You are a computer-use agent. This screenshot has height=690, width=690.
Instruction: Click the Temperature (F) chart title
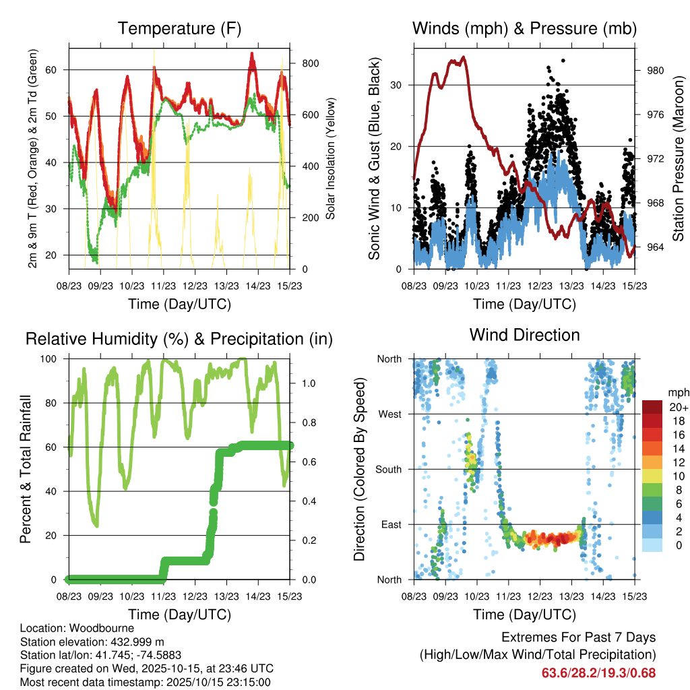[179, 28]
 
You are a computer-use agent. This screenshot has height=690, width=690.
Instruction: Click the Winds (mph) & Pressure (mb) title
[524, 28]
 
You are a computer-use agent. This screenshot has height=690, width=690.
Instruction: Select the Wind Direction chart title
[524, 334]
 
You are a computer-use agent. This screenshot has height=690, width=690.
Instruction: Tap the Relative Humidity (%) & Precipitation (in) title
[179, 339]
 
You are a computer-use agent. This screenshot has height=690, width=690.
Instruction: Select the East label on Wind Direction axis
[390, 524]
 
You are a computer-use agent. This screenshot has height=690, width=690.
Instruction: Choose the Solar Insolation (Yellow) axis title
[331, 159]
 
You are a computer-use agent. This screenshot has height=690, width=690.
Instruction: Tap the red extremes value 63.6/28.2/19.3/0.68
[598, 672]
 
